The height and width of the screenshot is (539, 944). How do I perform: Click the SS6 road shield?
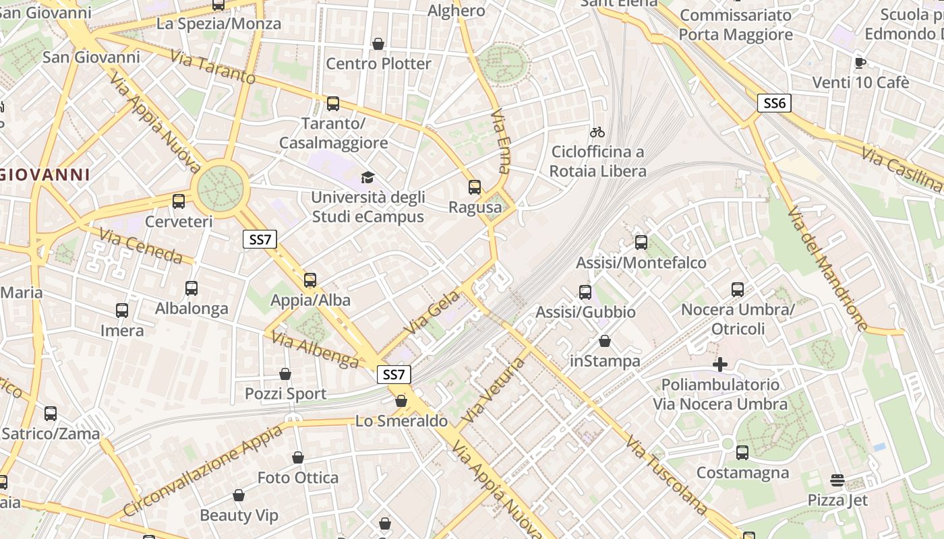(774, 103)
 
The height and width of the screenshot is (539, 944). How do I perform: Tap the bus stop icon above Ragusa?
(475, 187)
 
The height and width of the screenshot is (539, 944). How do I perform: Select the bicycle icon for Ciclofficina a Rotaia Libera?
(597, 132)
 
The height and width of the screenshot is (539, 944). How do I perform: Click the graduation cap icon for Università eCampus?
(367, 177)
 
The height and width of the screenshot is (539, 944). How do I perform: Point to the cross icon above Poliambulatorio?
(720, 364)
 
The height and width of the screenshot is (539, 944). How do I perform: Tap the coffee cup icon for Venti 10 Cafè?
(860, 63)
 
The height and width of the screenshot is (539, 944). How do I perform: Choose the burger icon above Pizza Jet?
(837, 480)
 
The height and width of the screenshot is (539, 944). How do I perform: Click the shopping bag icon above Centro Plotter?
(378, 44)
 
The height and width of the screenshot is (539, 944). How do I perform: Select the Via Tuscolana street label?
(666, 474)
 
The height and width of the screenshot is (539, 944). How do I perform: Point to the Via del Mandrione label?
(826, 268)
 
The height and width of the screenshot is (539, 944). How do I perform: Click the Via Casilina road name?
(902, 170)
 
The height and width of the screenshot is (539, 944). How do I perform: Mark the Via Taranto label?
(212, 67)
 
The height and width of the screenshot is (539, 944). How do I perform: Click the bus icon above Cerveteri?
(179, 201)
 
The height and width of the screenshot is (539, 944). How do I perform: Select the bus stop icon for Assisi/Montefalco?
(641, 242)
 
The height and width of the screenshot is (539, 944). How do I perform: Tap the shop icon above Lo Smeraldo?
(401, 401)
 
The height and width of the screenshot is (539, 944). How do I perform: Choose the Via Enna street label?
(501, 141)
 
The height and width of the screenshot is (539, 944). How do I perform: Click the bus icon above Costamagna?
(742, 452)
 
